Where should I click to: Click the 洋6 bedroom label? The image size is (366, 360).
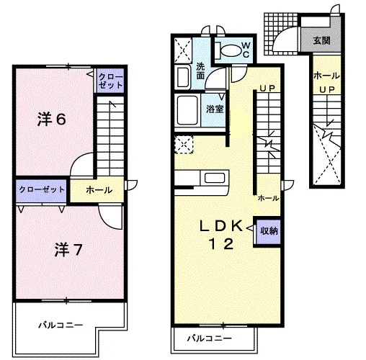52,119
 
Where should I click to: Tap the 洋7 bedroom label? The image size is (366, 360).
68,250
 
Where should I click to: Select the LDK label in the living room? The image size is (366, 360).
221,226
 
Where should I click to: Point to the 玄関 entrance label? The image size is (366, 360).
321,40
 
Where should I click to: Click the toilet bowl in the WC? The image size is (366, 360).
231,50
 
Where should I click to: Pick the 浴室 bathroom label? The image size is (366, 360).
215,109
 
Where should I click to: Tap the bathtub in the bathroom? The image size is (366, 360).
187,110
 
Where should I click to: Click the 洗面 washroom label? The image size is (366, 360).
200,71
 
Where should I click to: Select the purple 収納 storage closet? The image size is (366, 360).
268,231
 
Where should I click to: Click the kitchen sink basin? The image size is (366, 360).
215,178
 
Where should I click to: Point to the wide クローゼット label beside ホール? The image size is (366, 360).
42,189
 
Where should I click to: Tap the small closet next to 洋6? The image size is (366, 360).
110,81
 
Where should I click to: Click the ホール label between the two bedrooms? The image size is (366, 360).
99,190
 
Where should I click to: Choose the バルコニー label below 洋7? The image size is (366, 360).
61,325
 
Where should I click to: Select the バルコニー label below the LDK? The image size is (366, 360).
209,338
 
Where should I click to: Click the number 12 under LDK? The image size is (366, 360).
221,244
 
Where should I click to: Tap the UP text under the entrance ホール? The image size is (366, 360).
327,90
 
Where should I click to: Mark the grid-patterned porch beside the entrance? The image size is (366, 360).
281,34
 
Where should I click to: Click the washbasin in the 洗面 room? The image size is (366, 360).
183,77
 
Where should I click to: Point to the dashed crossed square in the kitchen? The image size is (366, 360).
184,145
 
